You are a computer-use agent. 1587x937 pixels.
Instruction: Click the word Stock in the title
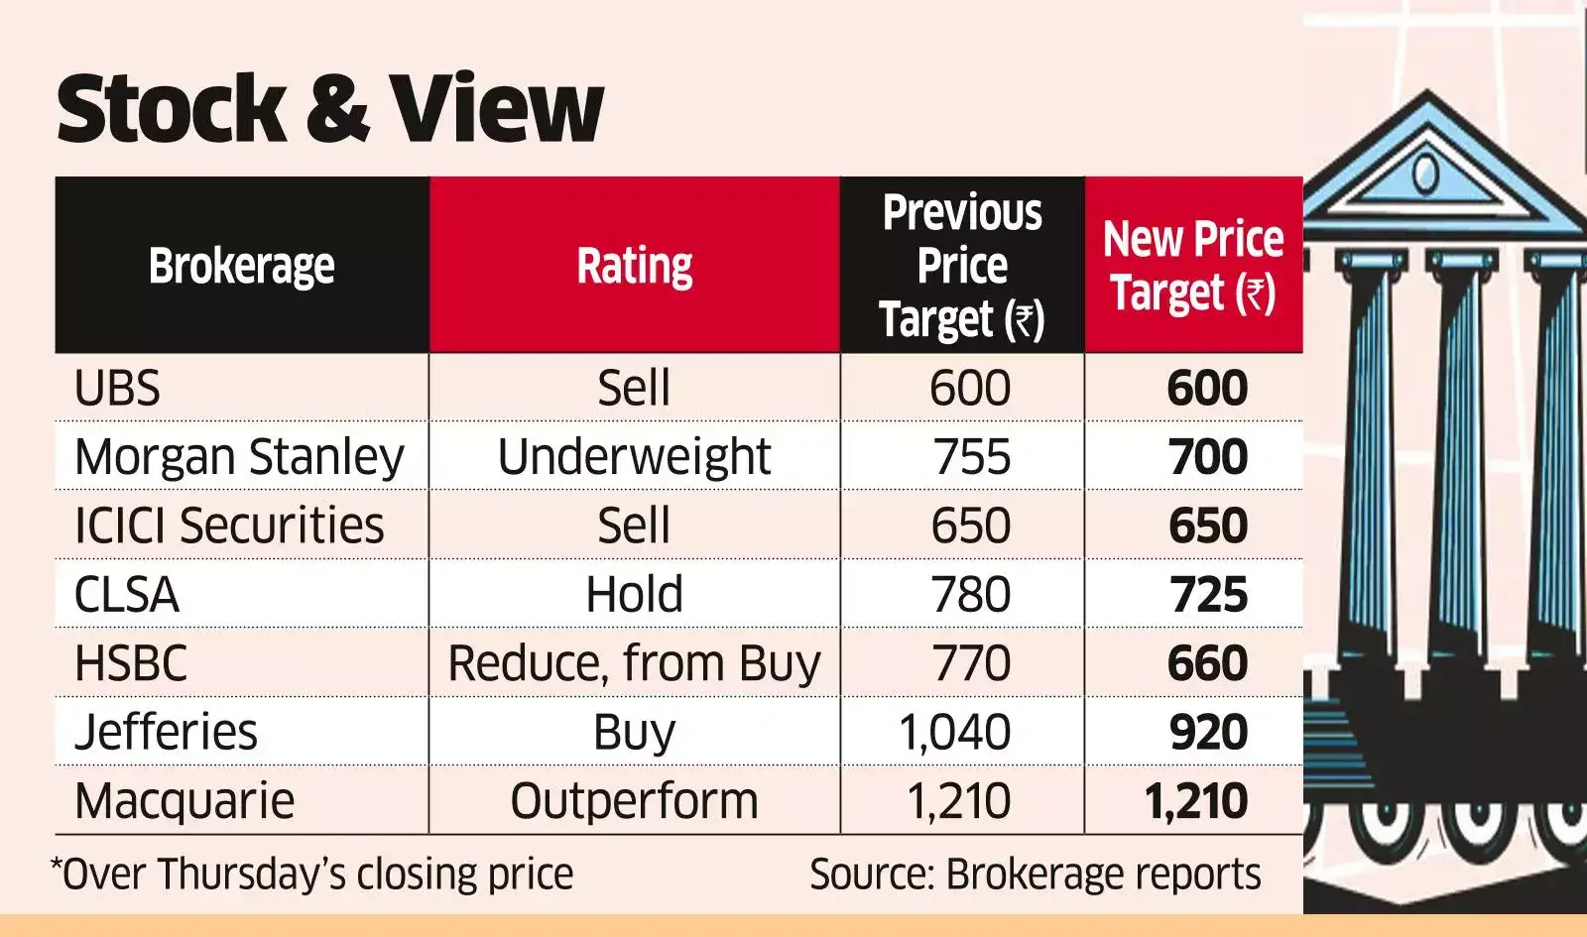(171, 108)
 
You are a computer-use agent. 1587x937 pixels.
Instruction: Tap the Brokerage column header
(241, 266)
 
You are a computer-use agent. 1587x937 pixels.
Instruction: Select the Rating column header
(635, 266)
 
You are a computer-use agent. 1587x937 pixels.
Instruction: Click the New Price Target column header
(1193, 266)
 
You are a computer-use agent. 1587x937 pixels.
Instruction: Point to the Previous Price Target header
(962, 266)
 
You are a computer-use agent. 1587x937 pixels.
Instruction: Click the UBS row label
(117, 388)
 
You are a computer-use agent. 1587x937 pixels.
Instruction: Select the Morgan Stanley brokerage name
(239, 457)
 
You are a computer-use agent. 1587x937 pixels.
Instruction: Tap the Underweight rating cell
(634, 457)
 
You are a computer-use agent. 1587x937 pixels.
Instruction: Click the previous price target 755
(971, 457)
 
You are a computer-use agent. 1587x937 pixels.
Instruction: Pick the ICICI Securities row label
(229, 526)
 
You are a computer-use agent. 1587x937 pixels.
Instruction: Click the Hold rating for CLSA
(634, 595)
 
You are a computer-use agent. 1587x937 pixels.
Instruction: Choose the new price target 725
(1207, 595)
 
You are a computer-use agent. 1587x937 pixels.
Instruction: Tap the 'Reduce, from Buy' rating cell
(634, 663)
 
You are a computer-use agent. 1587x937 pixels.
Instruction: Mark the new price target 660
(1207, 663)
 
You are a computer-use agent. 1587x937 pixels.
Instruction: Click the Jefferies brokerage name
(166, 733)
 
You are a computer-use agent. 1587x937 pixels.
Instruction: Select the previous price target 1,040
(954, 733)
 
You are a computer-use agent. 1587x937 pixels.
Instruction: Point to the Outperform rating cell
(634, 801)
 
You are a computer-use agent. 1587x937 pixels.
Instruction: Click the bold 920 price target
(1207, 733)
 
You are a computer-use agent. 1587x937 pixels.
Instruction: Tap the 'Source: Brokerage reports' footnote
(1035, 875)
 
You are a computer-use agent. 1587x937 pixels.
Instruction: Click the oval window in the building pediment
(1425, 174)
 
